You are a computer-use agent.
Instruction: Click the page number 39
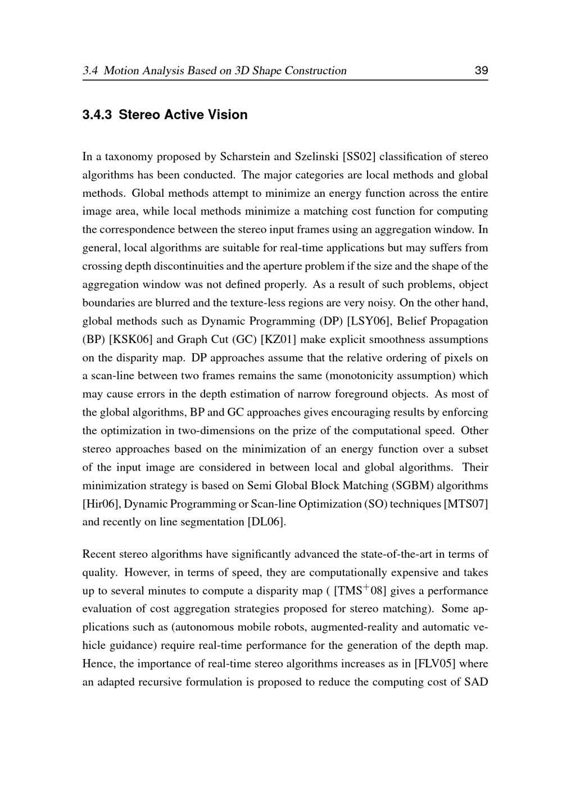click(x=481, y=71)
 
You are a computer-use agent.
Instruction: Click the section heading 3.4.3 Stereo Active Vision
click(x=165, y=115)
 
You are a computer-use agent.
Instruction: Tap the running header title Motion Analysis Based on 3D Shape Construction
click(x=225, y=71)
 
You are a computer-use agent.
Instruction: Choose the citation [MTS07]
click(x=466, y=504)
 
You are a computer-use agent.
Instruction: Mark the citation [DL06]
click(x=266, y=522)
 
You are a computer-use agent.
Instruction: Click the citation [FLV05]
click(x=434, y=664)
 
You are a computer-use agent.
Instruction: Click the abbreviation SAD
click(x=476, y=682)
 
